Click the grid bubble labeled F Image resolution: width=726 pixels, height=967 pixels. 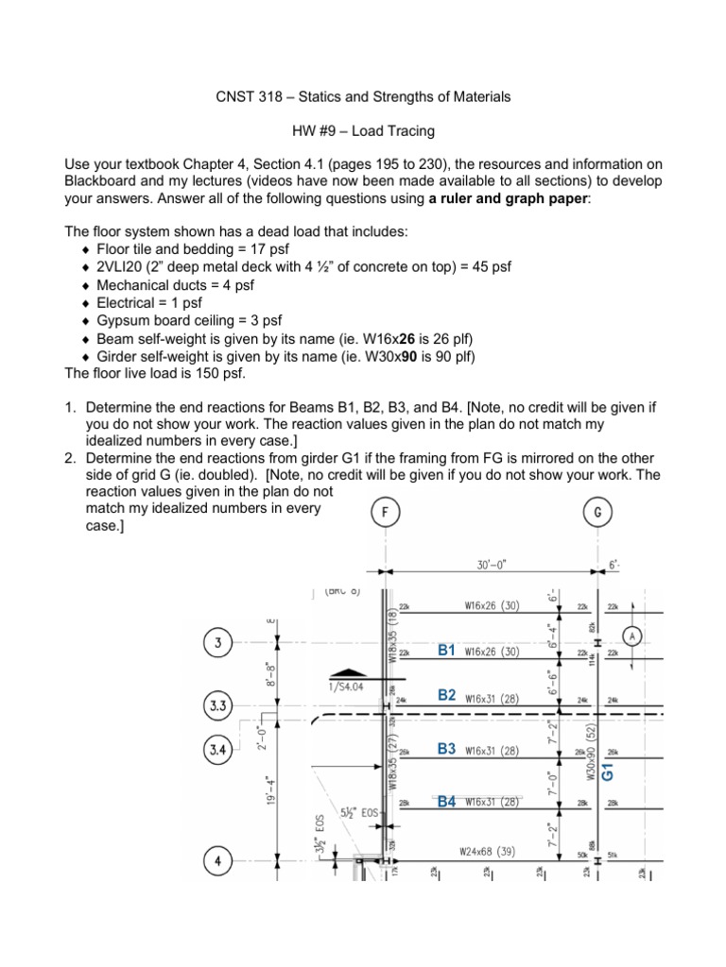(384, 513)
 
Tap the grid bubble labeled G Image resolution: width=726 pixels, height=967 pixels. (597, 513)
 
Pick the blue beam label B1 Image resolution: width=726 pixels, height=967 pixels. (447, 651)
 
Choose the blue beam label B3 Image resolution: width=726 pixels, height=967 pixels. (447, 749)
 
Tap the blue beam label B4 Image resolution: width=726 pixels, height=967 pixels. (447, 802)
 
